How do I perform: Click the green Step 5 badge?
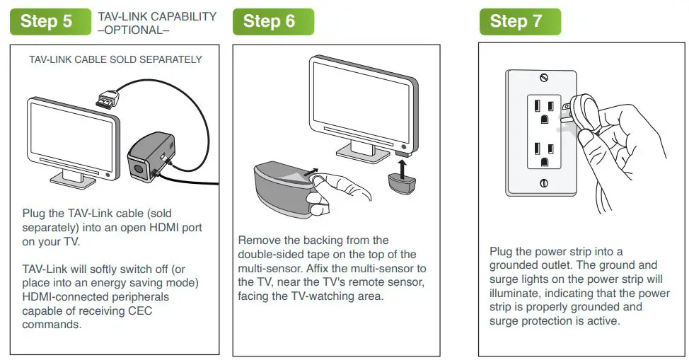pos(47,21)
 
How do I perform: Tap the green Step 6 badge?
pos(272,21)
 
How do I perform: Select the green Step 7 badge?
pos(520,21)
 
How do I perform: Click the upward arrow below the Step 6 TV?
pos(402,168)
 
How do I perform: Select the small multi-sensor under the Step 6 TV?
pos(403,185)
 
